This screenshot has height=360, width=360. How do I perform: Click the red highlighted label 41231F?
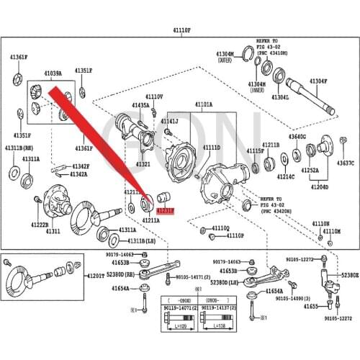166,212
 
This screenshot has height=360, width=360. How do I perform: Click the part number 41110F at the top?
181,31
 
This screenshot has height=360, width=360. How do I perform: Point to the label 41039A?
53,73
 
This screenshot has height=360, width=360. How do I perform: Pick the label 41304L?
282,97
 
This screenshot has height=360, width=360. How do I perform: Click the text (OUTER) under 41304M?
228,60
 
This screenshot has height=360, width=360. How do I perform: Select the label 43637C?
346,163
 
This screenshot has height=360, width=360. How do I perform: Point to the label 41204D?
319,186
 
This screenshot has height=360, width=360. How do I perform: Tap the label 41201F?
96,276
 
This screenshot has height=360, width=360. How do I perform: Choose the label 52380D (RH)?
121,274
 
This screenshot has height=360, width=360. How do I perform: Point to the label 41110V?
154,96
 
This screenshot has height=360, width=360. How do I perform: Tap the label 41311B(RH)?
19,148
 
